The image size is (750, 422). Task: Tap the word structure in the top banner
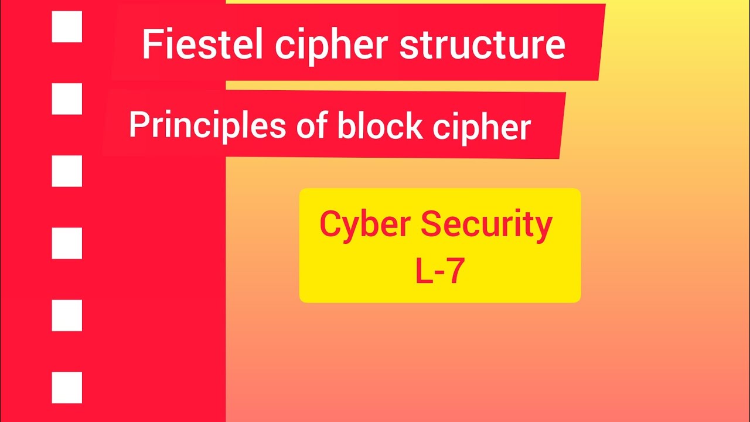(482, 45)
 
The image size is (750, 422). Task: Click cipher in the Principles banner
(482, 127)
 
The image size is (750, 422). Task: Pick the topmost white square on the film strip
(67, 28)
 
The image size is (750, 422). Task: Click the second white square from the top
(67, 99)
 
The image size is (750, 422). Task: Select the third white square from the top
(67, 171)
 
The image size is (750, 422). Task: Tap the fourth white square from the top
(67, 243)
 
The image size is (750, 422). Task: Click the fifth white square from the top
(67, 315)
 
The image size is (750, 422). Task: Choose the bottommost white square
(67, 387)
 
